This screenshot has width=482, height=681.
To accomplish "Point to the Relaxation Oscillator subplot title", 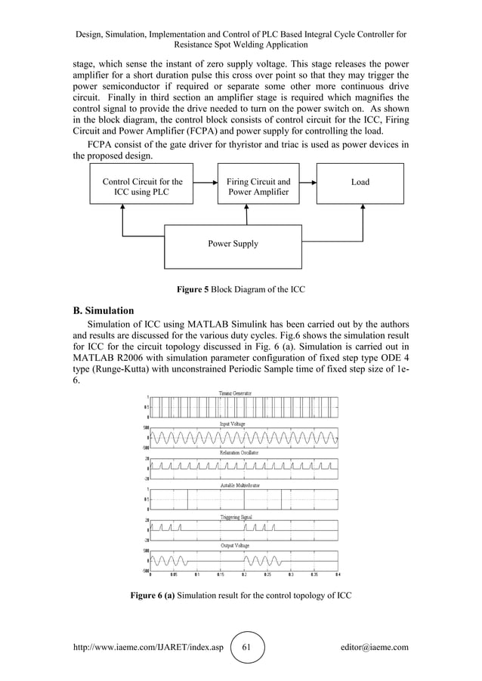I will [x=238, y=451].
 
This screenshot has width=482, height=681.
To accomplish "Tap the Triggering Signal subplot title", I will [x=236, y=517].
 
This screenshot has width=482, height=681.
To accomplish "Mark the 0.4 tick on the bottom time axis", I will [x=338, y=574].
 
